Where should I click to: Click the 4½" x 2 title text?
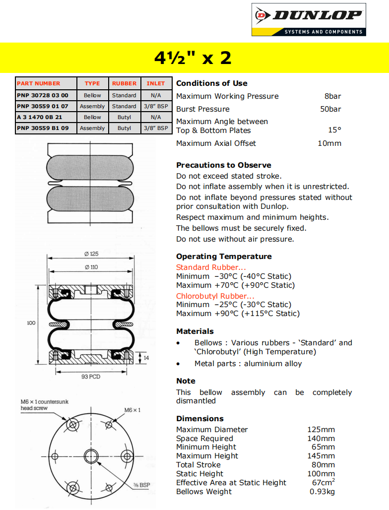pos(193,58)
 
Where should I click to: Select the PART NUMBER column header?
pos(38,83)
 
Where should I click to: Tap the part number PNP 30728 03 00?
pos(42,95)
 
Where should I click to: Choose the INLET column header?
pos(156,83)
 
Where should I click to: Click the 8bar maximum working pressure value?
pos(332,96)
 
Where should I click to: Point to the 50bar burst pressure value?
pos(330,109)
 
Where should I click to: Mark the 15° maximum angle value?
pos(334,130)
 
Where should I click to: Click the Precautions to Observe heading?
pos(223,165)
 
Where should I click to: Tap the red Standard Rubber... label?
pos(207,267)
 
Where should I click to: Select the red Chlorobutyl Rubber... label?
pos(212,296)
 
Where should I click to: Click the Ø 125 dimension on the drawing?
pos(91,254)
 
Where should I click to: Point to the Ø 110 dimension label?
pos(91,267)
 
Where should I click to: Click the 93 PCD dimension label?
pos(91,377)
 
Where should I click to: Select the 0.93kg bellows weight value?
pos(322,492)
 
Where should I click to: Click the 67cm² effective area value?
pos(323,482)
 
